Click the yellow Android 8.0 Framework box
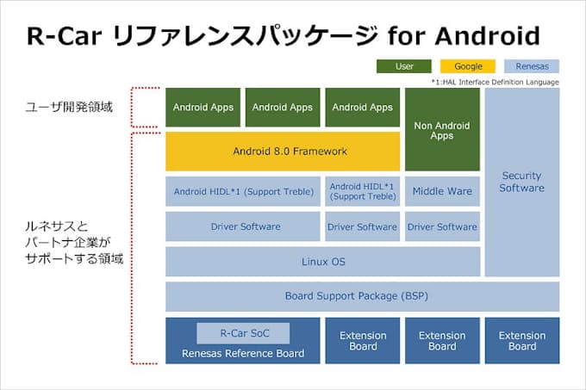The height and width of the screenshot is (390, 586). click(283, 152)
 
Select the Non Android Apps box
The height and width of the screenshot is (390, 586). click(442, 130)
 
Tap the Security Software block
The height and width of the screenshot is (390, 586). click(521, 182)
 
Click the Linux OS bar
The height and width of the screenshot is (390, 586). click(322, 261)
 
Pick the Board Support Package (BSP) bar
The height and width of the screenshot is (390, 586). click(362, 296)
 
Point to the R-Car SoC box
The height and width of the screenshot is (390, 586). click(242, 332)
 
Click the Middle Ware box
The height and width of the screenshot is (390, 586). click(442, 191)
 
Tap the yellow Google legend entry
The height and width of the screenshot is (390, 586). click(468, 65)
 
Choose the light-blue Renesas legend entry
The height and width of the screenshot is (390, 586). click(531, 65)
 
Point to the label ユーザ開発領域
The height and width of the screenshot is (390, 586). click(62, 108)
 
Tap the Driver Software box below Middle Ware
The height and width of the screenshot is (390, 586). click(442, 226)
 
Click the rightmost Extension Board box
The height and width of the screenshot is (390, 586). click(521, 341)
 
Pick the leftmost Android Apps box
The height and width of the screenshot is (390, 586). click(203, 108)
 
